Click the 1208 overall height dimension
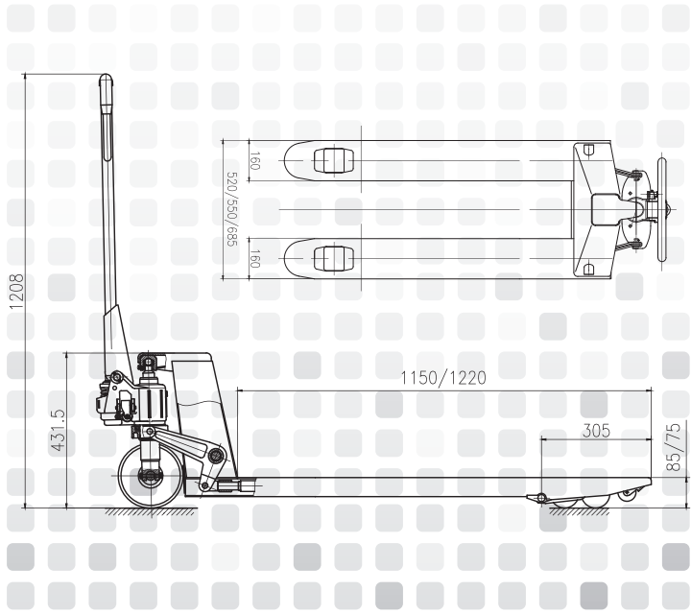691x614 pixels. click(16, 291)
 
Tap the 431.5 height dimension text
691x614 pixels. click(58, 431)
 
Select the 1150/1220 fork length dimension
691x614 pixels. click(443, 378)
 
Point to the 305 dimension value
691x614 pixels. click(596, 431)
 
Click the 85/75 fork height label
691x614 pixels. click(674, 447)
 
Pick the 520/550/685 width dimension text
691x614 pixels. click(232, 209)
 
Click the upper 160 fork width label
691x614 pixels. click(254, 161)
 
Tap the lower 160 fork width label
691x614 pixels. click(254, 258)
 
